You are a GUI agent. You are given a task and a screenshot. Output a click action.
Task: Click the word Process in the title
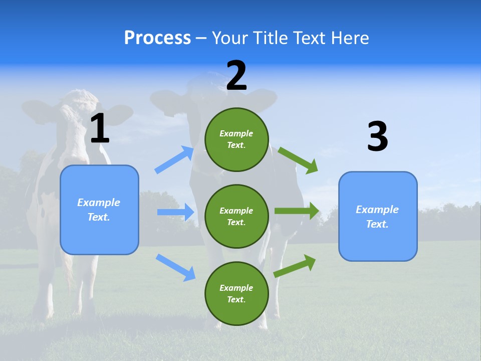pyautogui.click(x=157, y=38)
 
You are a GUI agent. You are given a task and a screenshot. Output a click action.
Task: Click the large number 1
pyautogui.click(x=100, y=129)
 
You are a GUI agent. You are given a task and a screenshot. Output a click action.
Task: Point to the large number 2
pyautogui.click(x=236, y=76)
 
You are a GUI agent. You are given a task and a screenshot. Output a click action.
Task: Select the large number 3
pyautogui.click(x=377, y=137)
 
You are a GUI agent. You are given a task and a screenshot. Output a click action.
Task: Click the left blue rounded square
pyautogui.click(x=99, y=210)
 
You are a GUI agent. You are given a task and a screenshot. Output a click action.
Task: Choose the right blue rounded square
pyautogui.click(x=378, y=216)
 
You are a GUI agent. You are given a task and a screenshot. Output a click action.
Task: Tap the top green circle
pyautogui.click(x=236, y=139)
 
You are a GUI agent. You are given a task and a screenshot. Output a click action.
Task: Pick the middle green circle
pyautogui.click(x=236, y=216)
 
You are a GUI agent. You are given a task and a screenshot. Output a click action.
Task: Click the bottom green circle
pyautogui.click(x=236, y=293)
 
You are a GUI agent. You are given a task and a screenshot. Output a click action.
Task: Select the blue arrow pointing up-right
pyautogui.click(x=174, y=160)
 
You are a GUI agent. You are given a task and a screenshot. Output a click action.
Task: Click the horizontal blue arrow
pyautogui.click(x=175, y=212)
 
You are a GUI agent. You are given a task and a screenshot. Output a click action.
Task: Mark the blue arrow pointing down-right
pyautogui.click(x=175, y=267)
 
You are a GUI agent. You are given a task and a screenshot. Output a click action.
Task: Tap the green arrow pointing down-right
pyautogui.click(x=298, y=160)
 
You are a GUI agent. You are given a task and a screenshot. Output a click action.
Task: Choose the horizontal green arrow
pyautogui.click(x=297, y=211)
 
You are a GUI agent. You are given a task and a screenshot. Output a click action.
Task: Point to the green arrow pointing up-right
pyautogui.click(x=295, y=266)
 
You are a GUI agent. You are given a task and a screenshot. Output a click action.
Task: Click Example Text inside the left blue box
pyautogui.click(x=99, y=210)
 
